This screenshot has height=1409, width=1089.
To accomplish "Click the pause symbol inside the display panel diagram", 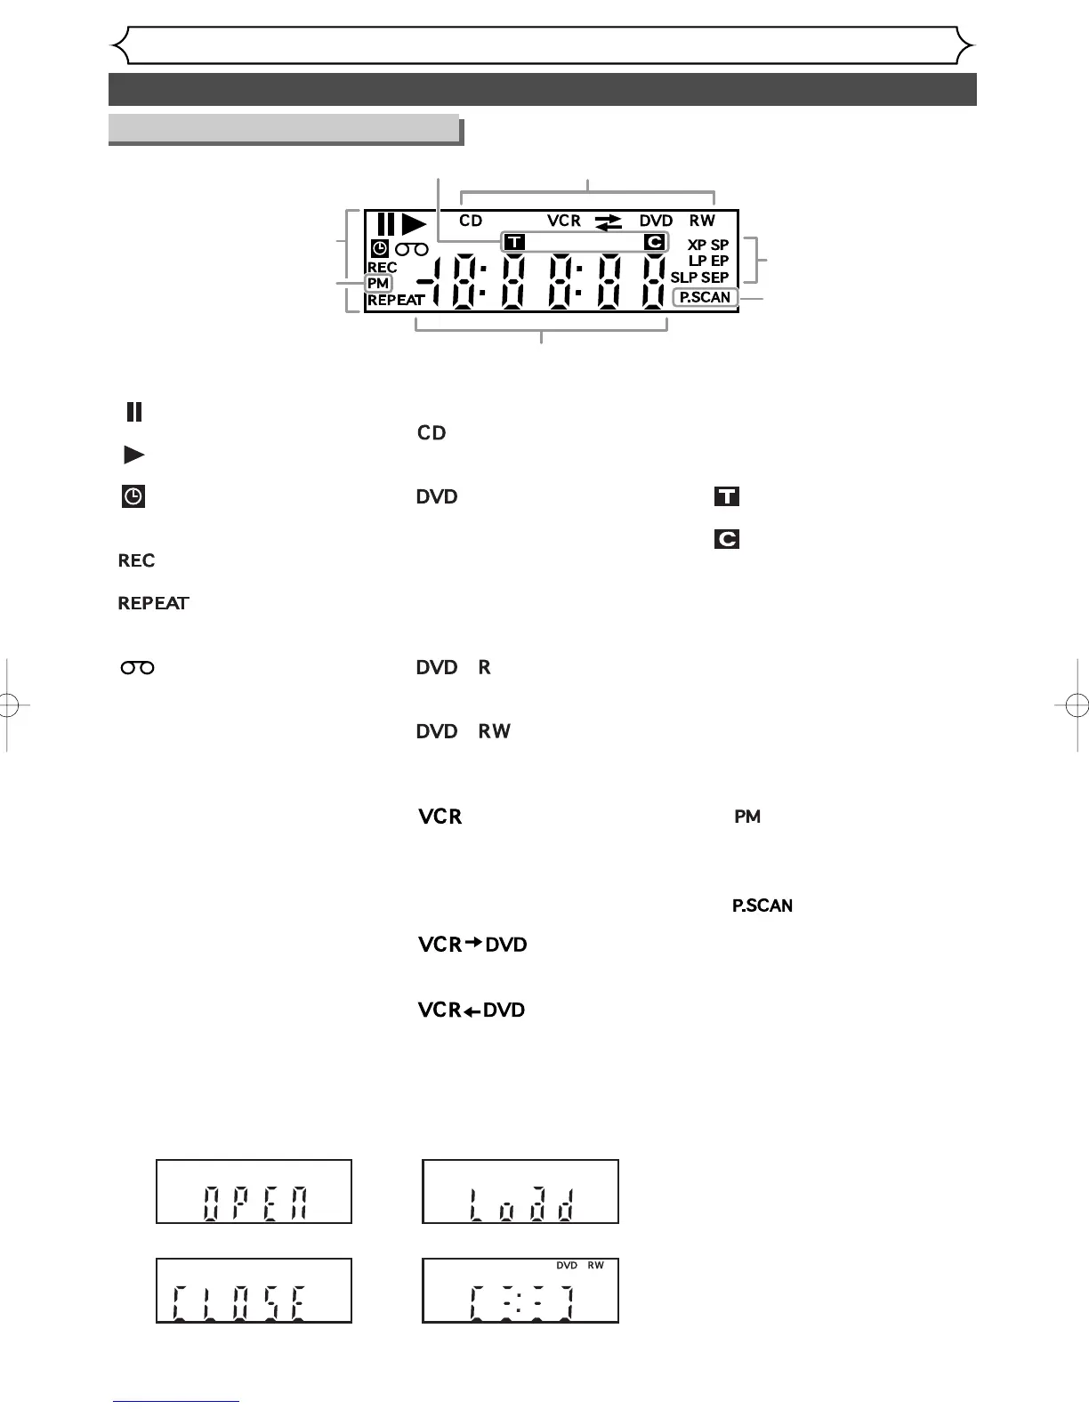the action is point(385,224).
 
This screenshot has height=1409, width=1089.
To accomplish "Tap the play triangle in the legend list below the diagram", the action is point(133,455).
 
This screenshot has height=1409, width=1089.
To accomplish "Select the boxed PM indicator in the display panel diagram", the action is point(378,284).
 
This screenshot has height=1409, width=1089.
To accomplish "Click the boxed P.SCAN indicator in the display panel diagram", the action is point(705,297).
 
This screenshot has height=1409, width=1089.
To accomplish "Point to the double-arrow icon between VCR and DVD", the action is point(609,221).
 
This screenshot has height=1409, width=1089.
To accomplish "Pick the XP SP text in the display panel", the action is point(708,245).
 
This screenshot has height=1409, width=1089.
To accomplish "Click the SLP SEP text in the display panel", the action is point(699,278).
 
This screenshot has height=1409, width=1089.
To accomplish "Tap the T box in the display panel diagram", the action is point(514,242).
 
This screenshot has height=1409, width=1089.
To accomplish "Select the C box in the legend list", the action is point(727,539).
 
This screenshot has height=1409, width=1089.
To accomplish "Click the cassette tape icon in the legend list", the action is point(137,667).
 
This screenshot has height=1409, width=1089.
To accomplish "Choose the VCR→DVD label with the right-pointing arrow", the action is point(472,945).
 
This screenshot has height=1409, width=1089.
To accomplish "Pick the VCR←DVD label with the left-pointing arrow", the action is point(472,1010).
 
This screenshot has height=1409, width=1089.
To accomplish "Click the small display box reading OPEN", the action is point(254,1192).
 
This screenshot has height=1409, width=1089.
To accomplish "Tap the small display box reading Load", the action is point(520,1192).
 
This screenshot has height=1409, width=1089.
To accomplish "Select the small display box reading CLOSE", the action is point(254,1291).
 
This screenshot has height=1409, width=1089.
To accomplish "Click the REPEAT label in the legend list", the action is point(153,603).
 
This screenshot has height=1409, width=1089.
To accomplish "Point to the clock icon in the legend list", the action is point(133,497).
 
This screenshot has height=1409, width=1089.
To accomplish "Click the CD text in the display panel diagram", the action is point(471,221).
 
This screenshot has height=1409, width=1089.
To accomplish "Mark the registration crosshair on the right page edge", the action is point(1076,706).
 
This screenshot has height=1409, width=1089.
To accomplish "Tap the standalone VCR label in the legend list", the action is point(440,817).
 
